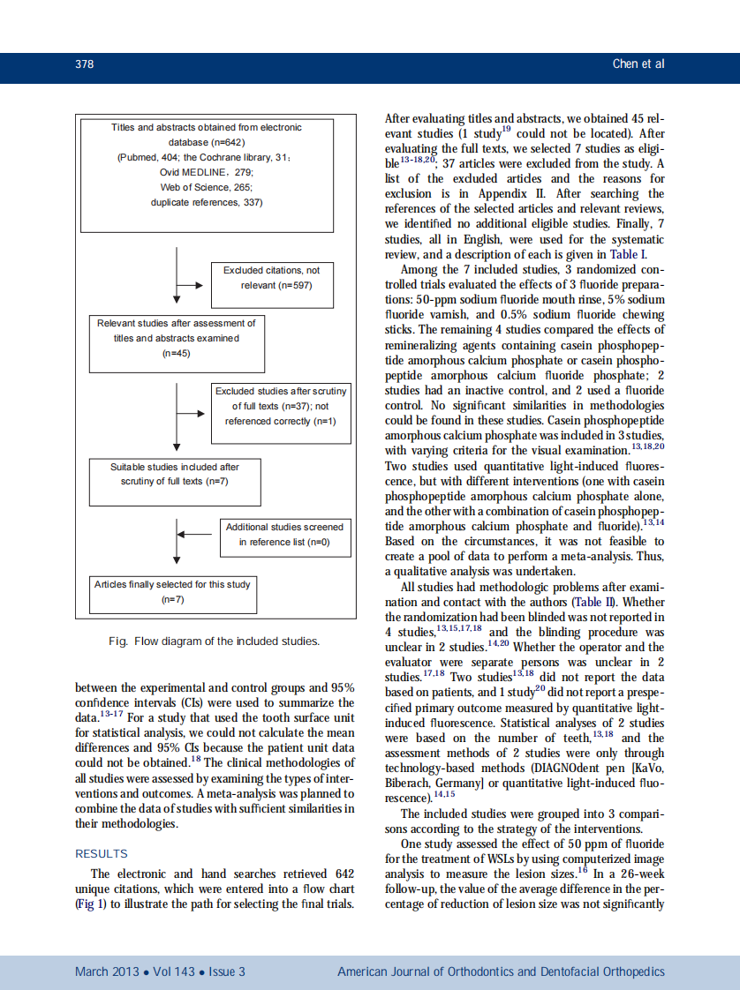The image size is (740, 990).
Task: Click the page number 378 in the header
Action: coord(84,64)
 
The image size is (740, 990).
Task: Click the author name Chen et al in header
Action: coord(638,64)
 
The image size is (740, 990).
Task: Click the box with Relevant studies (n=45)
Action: coord(177,344)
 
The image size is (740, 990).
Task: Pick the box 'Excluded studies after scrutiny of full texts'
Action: coord(282,413)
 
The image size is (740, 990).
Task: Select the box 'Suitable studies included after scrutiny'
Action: coord(174,481)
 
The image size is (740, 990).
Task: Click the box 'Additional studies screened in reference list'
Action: coord(284,535)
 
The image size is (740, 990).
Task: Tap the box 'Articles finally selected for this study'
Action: coord(172,592)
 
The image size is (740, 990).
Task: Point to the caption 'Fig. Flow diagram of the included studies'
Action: coord(214,641)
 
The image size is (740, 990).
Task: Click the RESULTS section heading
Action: coord(102,853)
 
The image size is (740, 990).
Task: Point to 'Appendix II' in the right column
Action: coord(520,193)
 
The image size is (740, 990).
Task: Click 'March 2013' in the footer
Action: coord(107,971)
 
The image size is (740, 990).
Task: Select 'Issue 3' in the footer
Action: coord(227,971)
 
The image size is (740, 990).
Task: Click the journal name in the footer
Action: coord(501,971)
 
